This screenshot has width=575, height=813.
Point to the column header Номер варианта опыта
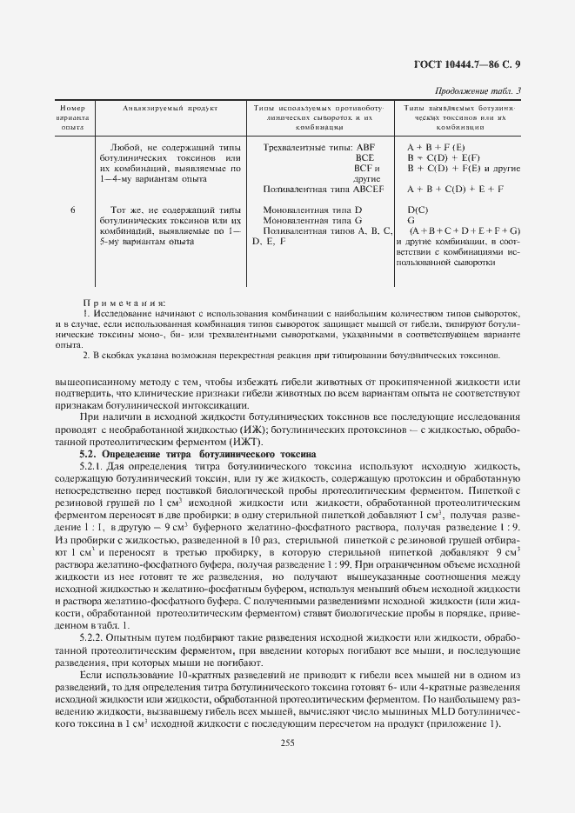click(72, 117)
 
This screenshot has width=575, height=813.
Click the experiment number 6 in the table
click(72, 210)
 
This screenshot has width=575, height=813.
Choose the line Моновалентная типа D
click(311, 210)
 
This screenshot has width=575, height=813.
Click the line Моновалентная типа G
click(311, 221)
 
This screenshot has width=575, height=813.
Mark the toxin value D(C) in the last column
click(418, 210)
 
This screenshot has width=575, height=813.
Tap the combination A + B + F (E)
click(437, 148)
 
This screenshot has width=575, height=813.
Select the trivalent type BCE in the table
click(364, 158)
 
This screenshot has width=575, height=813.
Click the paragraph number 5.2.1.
click(91, 466)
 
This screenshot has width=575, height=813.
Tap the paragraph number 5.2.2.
click(91, 637)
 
